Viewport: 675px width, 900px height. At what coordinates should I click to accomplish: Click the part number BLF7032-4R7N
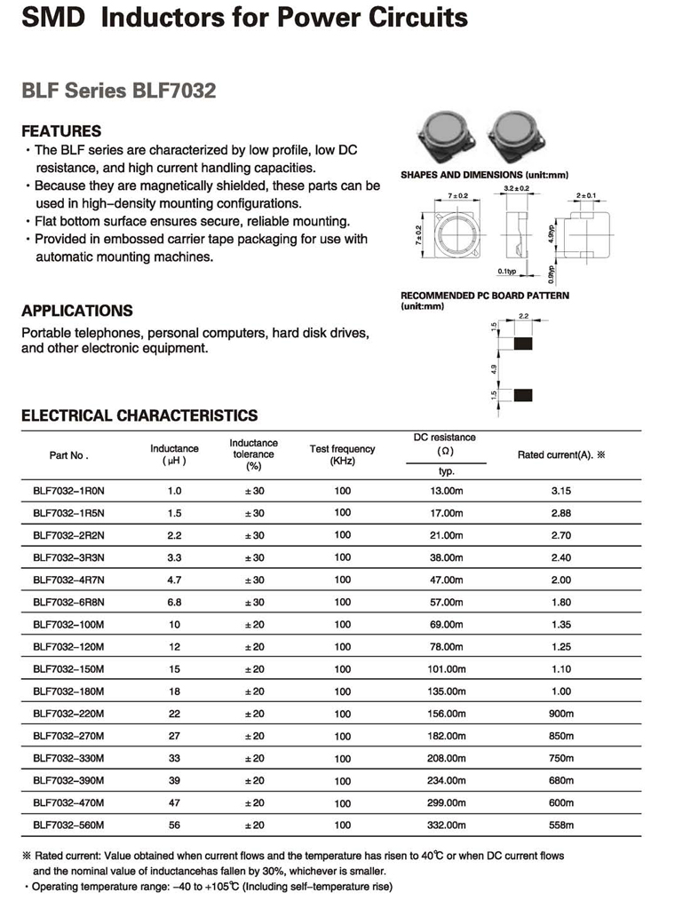click(x=68, y=580)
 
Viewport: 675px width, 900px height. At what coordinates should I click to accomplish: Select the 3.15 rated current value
click(x=560, y=490)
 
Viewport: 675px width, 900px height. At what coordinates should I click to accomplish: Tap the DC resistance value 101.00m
click(x=447, y=669)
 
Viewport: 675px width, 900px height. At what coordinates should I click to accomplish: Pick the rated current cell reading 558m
click(x=560, y=825)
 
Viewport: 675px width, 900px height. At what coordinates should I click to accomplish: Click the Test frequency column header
click(x=342, y=454)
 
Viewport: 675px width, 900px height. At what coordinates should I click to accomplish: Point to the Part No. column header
click(x=68, y=455)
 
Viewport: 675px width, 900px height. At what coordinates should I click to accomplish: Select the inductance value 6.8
click(x=174, y=603)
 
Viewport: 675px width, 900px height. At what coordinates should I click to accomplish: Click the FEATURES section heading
click(x=61, y=130)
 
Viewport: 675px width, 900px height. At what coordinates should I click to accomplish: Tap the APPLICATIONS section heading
click(x=77, y=311)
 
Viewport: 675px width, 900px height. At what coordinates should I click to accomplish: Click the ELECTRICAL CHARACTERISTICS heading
click(x=139, y=415)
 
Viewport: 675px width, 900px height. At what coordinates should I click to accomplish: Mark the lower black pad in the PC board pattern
click(x=523, y=394)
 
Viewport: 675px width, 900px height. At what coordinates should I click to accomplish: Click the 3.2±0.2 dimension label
click(x=517, y=189)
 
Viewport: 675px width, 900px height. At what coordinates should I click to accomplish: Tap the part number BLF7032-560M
click(x=68, y=825)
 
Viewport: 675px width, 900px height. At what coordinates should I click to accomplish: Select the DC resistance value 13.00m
click(x=447, y=490)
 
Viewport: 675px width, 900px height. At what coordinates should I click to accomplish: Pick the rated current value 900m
click(x=560, y=714)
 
